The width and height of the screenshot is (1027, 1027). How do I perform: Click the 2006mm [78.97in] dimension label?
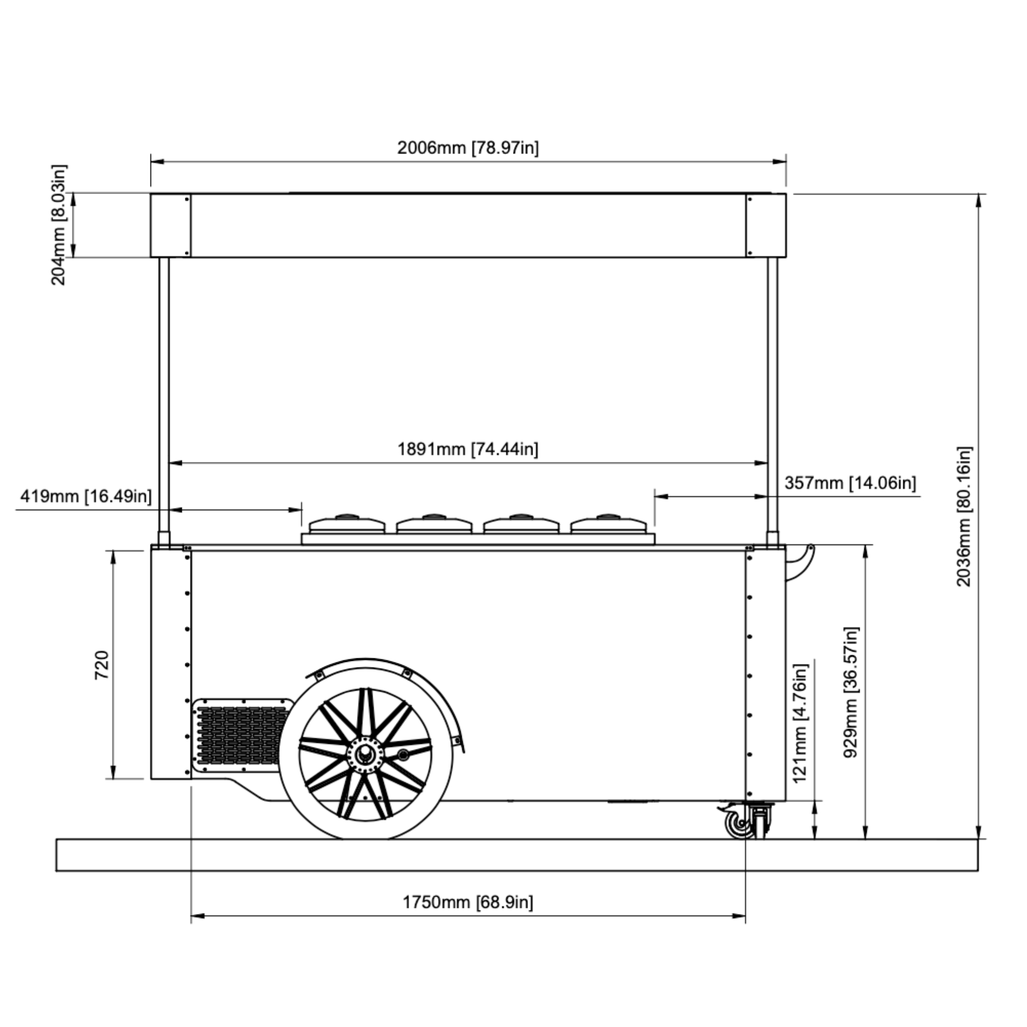[468, 147]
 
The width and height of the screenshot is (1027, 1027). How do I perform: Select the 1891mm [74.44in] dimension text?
[468, 449]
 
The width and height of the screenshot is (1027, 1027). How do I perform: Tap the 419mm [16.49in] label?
[86, 497]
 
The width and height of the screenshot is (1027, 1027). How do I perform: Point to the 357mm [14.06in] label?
[850, 483]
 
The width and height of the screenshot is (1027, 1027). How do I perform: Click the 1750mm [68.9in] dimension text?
[468, 902]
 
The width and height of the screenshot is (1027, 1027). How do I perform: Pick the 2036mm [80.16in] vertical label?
[964, 517]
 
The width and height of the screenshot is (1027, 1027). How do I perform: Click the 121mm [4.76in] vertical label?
[800, 724]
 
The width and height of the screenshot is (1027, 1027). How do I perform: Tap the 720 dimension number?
[102, 664]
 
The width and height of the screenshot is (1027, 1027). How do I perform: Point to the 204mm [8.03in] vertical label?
[59, 225]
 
